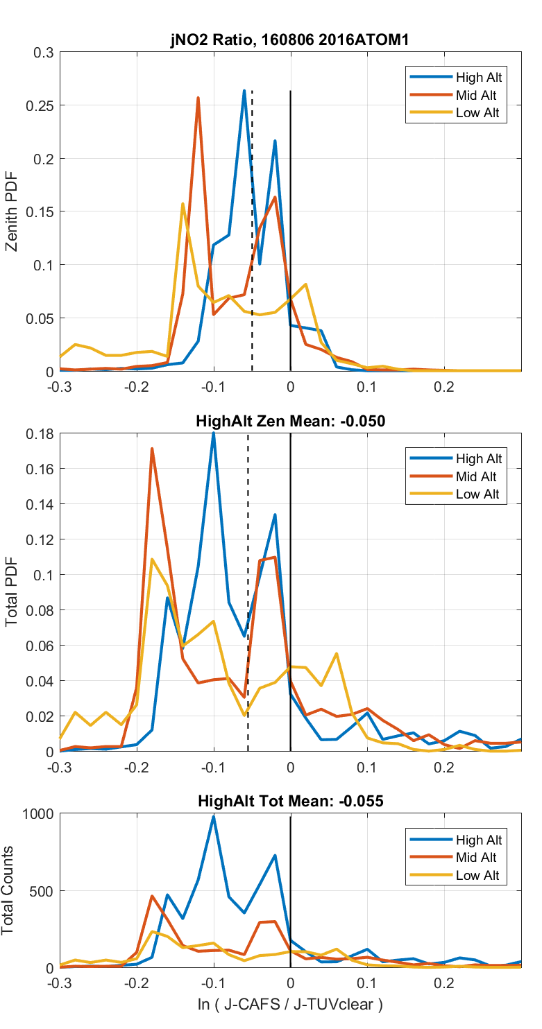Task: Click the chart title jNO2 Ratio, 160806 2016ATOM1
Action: point(290,41)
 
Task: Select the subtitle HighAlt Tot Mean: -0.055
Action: point(290,801)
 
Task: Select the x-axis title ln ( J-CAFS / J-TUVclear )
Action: point(290,1005)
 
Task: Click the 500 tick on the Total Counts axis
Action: point(43,891)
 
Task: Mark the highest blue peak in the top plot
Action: point(244,91)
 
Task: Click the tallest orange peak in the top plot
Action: point(198,98)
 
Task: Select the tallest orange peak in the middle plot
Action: point(151,449)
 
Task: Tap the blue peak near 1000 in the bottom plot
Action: point(214,816)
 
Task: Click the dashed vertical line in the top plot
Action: point(252,229)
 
